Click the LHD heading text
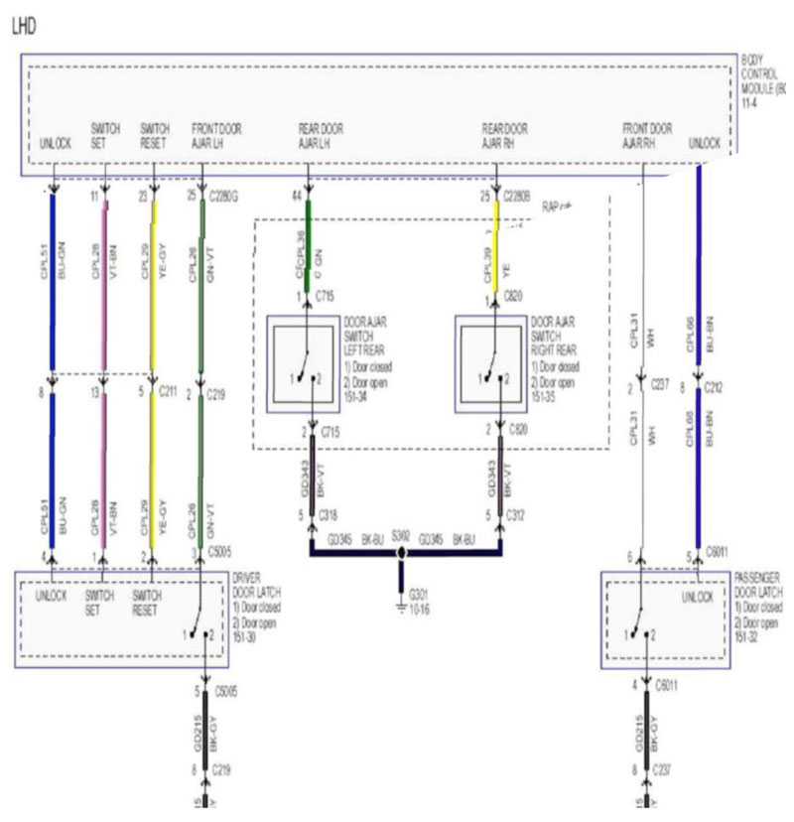pos(24,27)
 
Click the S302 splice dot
pos(402,550)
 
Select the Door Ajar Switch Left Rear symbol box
pos(305,363)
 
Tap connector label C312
pos(517,514)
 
